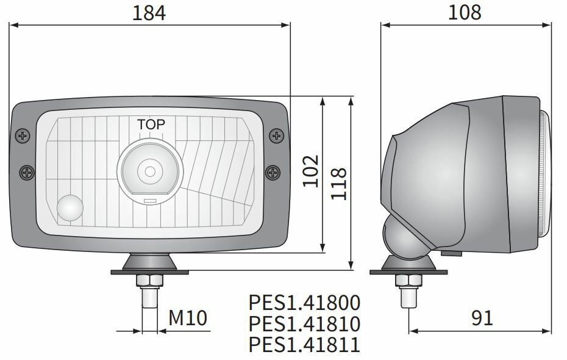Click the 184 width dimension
[x=149, y=13]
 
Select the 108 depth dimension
[x=465, y=12]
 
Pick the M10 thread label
[x=188, y=318]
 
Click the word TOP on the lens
[x=151, y=124]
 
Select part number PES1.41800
[x=304, y=303]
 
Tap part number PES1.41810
[x=304, y=323]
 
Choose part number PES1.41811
[x=304, y=345]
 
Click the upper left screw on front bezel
[x=23, y=135]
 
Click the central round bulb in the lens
[x=149, y=170]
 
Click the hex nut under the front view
[x=149, y=281]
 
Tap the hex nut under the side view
[x=407, y=281]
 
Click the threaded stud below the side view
[x=407, y=298]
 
